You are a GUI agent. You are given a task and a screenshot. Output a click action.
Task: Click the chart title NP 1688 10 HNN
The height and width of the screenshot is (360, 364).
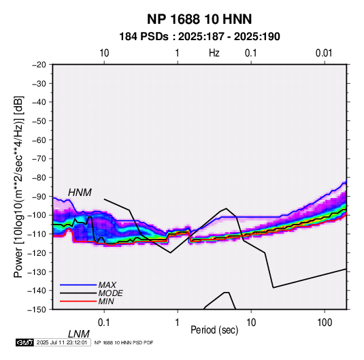click(x=199, y=19)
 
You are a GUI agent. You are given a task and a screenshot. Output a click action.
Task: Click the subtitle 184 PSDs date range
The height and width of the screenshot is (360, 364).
click(x=199, y=37)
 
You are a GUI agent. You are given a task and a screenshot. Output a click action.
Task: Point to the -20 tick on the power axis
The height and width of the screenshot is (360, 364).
click(x=39, y=65)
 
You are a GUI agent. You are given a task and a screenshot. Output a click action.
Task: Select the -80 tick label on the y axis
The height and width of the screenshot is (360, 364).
click(x=39, y=178)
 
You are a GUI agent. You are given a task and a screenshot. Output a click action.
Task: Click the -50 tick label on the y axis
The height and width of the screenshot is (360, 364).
click(x=39, y=120)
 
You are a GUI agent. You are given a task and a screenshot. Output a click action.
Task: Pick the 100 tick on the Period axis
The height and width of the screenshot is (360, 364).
click(x=325, y=323)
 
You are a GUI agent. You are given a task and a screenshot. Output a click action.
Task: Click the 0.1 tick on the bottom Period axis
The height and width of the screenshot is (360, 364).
click(x=104, y=323)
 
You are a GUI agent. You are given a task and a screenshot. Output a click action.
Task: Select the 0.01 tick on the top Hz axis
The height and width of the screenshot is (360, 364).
click(x=324, y=53)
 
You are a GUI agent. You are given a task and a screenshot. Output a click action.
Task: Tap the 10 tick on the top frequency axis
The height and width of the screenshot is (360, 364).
click(x=104, y=53)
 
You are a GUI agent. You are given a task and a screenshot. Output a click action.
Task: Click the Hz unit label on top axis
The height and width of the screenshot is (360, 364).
click(x=214, y=53)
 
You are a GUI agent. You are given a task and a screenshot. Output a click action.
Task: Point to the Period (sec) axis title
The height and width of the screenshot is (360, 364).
click(x=214, y=330)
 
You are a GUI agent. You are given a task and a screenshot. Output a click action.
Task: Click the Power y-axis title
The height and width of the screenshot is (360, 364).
click(x=18, y=186)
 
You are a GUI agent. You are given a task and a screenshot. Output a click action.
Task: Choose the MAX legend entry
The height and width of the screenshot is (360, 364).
click(x=107, y=284)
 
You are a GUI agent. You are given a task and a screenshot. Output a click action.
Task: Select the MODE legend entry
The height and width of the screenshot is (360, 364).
click(x=110, y=293)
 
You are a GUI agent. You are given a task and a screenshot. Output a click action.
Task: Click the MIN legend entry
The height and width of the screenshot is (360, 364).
click(x=106, y=301)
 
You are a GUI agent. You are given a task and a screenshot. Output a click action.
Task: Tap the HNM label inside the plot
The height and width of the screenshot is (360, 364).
click(x=80, y=193)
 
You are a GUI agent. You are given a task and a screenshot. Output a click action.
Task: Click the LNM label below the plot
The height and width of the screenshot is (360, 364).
click(x=79, y=334)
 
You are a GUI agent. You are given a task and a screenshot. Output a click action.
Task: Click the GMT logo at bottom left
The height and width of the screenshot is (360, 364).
click(x=25, y=342)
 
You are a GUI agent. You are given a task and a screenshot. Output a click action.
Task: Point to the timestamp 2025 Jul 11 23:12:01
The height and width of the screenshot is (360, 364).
click(x=62, y=342)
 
